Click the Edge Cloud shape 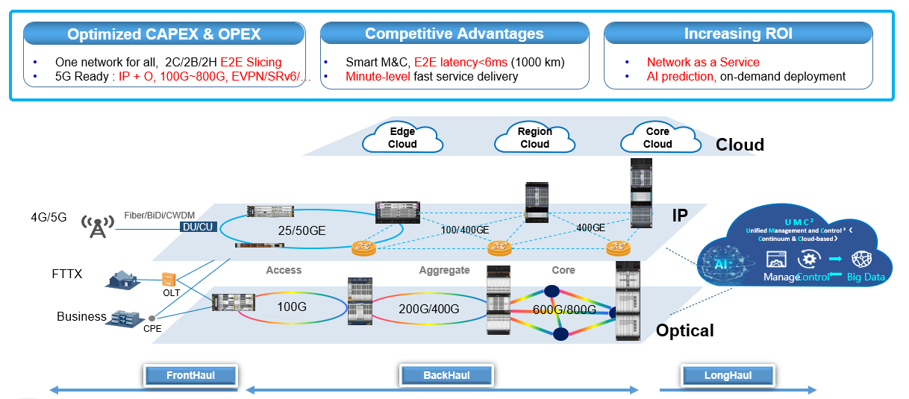pyautogui.click(x=402, y=137)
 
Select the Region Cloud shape pyautogui.click(x=534, y=137)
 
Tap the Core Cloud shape pyautogui.click(x=660, y=137)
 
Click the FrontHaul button pyautogui.click(x=190, y=375)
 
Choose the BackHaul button pyautogui.click(x=446, y=375)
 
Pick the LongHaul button pyautogui.click(x=728, y=375)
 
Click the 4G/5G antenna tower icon pyautogui.click(x=98, y=226)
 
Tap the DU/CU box pyautogui.click(x=198, y=227)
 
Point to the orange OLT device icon pyautogui.click(x=169, y=280)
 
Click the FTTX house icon pyautogui.click(x=123, y=280)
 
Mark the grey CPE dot pyautogui.click(x=151, y=318)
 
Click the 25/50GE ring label pyautogui.click(x=302, y=230)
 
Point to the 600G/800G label pyautogui.click(x=564, y=310)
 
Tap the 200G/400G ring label pyautogui.click(x=429, y=309)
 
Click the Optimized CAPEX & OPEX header pyautogui.click(x=164, y=34)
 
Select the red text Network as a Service pyautogui.click(x=703, y=62)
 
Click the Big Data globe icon pyautogui.click(x=861, y=260)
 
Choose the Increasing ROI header pyautogui.click(x=738, y=34)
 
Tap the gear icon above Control pyautogui.click(x=809, y=259)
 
